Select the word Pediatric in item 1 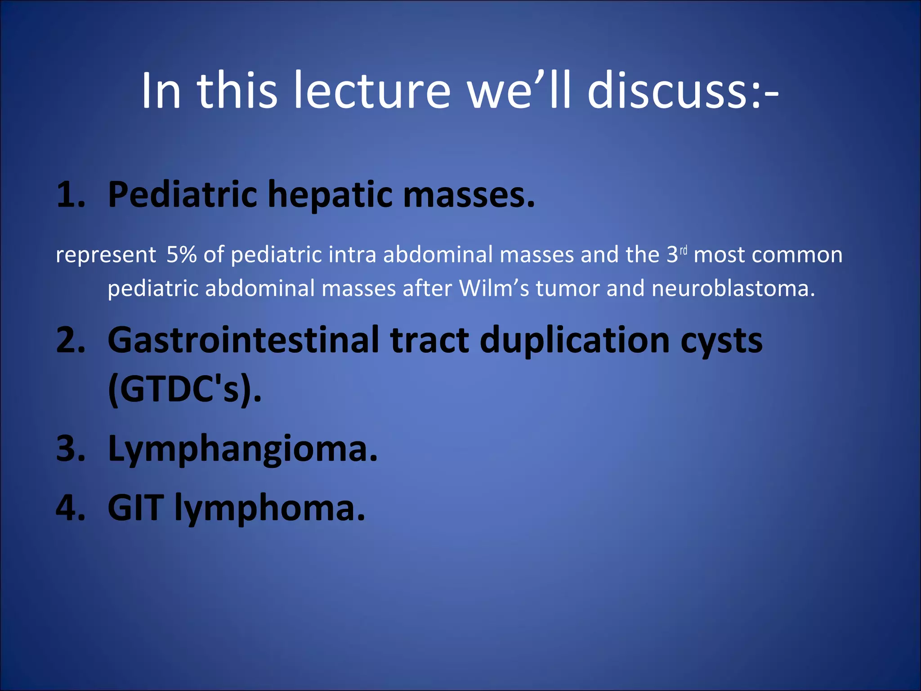(x=182, y=195)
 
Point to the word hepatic (x=330, y=195)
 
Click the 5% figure (x=181, y=255)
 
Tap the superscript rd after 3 (x=684, y=250)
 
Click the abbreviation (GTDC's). (x=184, y=389)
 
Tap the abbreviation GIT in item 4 (x=135, y=508)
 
